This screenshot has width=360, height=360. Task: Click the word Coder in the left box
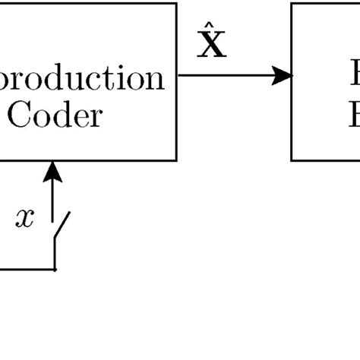tap(53, 116)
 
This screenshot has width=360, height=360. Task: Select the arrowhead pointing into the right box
tap(284, 74)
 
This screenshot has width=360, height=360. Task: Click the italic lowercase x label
tap(25, 218)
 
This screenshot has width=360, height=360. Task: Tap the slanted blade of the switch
tap(62, 226)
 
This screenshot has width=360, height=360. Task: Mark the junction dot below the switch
tap(54, 269)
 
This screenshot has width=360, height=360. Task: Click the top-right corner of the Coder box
tap(176, 3)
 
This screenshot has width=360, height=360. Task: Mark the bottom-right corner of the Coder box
tap(176, 160)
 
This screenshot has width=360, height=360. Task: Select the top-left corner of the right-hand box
tap(292, 3)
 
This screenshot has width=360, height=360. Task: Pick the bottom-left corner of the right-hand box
tap(292, 160)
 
